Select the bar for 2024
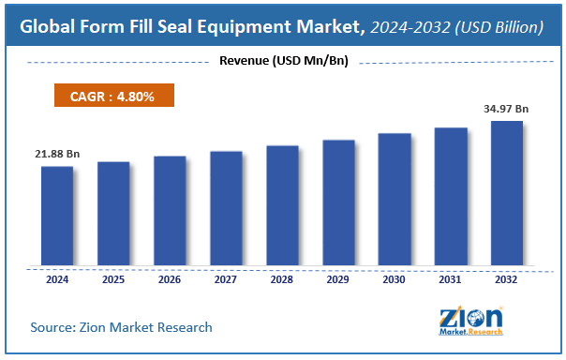point(57,217)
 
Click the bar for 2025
point(113,214)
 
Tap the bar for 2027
point(226,209)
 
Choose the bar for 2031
point(451,197)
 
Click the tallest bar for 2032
point(507,193)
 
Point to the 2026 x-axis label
point(170,278)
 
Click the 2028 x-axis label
point(282,278)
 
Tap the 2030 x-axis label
point(395,278)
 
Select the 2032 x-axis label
point(507,278)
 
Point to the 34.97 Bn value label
point(506,109)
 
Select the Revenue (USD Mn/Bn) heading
point(282,63)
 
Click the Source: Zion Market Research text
point(121,327)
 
